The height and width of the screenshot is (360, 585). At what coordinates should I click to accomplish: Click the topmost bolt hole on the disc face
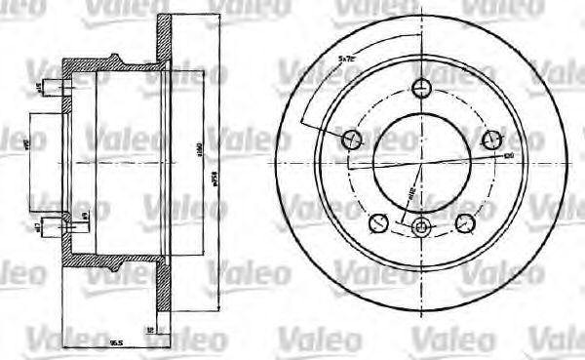click(x=421, y=88)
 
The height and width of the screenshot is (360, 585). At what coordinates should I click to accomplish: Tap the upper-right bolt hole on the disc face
click(x=490, y=138)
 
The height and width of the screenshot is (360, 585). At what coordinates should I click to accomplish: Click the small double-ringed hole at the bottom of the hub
click(x=421, y=228)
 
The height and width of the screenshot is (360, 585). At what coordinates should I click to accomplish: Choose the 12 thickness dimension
click(x=149, y=331)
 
